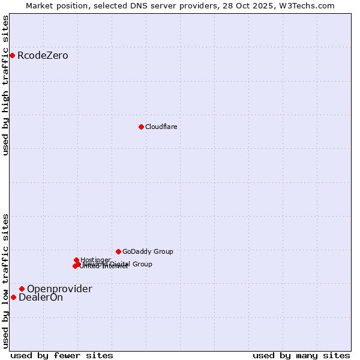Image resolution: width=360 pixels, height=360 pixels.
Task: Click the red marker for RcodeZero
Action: pos(12,56)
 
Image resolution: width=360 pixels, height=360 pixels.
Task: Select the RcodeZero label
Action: pos(43,56)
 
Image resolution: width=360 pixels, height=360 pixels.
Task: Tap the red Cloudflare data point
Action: pos(141,127)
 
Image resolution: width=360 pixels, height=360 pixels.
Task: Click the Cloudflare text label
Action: pos(161,127)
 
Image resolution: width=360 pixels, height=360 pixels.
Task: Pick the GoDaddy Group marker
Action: pos(118,251)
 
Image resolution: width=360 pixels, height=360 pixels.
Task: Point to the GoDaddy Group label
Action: pos(148,252)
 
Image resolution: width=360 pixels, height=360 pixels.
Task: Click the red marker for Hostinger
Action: pos(76,260)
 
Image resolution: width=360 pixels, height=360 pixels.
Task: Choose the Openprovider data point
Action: pos(22,289)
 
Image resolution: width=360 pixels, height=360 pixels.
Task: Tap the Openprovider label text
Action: pos(59,289)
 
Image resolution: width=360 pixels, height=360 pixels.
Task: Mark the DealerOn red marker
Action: pos(13,297)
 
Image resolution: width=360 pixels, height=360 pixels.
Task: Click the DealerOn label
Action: pos(41,298)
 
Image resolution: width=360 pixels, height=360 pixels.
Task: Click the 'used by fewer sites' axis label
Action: pos(62,355)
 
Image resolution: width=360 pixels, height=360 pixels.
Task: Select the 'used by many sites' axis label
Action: pos(301,355)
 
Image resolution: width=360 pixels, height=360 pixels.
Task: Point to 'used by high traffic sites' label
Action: pos(5,85)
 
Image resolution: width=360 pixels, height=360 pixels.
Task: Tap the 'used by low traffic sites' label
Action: pos(5,281)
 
